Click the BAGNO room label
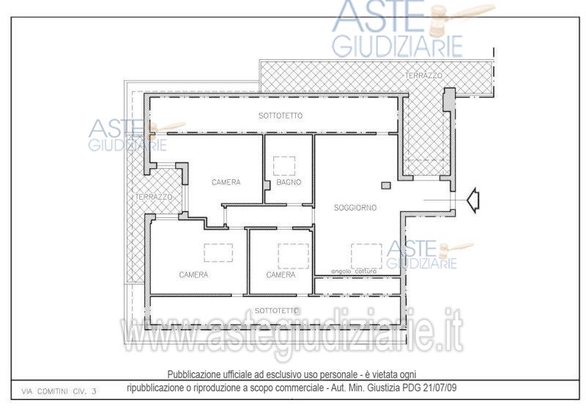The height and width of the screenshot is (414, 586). [x=289, y=182]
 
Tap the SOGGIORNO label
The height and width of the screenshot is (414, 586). [x=355, y=208]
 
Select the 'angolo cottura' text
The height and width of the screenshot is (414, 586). [x=354, y=271]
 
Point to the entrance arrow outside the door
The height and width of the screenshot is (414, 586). [x=473, y=200]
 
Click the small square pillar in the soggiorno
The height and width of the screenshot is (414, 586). [x=386, y=185]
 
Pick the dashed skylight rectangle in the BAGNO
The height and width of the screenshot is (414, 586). [x=284, y=166]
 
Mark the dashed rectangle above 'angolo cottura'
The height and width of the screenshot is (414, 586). [x=366, y=256]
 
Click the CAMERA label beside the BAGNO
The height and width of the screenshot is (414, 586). [x=226, y=182]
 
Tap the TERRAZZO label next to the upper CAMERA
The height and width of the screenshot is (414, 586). [x=154, y=197]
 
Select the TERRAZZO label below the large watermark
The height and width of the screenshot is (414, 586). [x=423, y=75]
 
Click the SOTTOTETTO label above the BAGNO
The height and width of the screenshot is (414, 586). [x=281, y=116]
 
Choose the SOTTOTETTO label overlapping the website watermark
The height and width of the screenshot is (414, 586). [x=277, y=311]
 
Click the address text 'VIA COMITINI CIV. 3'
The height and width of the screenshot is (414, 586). [x=59, y=391]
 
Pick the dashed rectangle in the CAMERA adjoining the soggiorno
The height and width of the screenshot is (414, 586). [x=294, y=256]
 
